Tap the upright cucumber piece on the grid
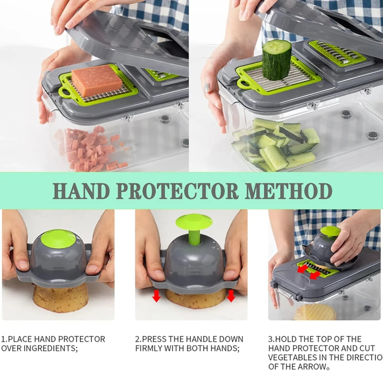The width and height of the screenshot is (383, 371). click(277, 60)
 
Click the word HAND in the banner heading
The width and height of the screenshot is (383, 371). click(81, 191)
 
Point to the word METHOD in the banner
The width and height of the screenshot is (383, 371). click(289, 191)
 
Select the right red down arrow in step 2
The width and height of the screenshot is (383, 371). click(231, 296)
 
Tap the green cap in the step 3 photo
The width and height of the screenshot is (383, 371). click(331, 231)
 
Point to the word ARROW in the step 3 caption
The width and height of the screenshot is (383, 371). click(312, 367)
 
